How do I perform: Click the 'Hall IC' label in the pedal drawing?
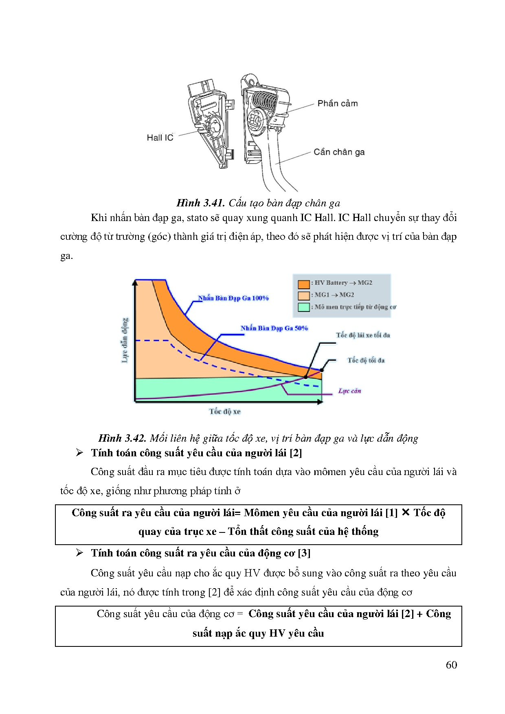160,138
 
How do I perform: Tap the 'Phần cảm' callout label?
338,103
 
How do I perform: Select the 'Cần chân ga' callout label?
339,152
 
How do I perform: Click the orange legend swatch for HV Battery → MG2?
304,284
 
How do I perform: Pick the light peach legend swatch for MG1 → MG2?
304,295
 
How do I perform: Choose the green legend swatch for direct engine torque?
304,307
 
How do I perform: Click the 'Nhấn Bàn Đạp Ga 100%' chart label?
233,298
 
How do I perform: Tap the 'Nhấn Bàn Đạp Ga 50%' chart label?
274,328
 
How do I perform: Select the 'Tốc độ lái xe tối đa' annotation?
363,335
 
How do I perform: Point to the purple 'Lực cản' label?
349,391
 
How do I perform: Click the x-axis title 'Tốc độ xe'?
225,412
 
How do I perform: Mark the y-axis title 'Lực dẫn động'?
125,340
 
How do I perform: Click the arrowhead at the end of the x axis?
320,402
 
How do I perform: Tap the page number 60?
451,665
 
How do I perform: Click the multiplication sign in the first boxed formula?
405,513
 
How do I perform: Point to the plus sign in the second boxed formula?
419,614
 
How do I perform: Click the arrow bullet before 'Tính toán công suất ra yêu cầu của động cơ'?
79,553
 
